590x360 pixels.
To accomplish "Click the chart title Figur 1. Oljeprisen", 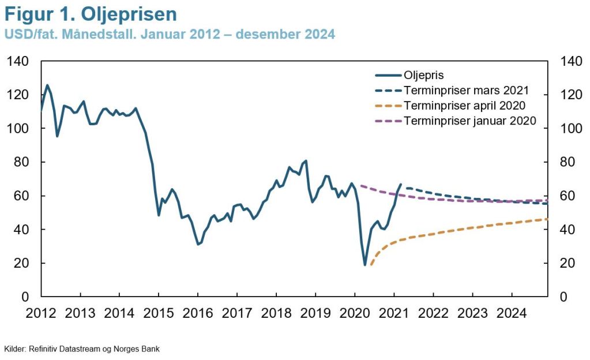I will coord(91,14).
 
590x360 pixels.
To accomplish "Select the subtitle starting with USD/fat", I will coord(170,34).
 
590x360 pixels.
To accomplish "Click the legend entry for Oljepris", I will coord(424,75).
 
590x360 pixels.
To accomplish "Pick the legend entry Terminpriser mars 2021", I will coord(466,91).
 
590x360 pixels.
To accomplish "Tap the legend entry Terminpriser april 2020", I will coord(465,106).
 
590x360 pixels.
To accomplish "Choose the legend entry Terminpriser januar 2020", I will coord(470,121).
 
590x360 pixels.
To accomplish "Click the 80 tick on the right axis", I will coord(563,162).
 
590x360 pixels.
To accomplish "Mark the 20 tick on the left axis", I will coord(21,263).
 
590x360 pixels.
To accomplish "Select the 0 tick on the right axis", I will coord(559,297).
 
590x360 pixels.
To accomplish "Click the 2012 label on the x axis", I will coord(41,313).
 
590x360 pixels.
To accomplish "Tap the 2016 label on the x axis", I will coord(198,313).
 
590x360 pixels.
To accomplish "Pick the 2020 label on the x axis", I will coord(355,313).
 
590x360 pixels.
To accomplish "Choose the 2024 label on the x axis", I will coord(512,313).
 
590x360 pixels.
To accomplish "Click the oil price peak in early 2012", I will coord(47,85).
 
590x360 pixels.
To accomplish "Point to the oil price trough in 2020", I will coord(365,265).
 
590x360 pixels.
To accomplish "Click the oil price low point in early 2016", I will coord(198,244).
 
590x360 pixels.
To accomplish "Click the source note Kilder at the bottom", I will coord(82,349).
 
